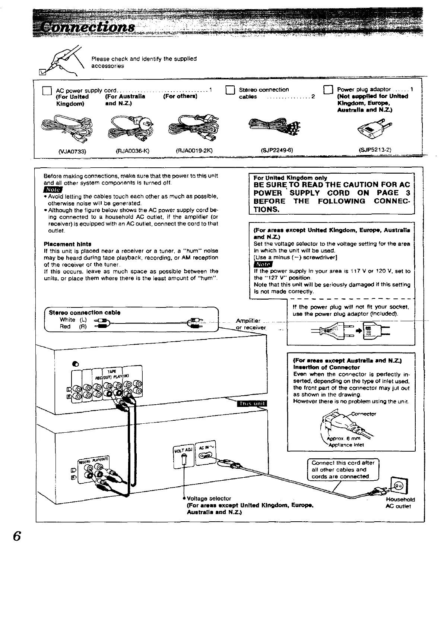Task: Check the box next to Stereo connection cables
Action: click(230, 90)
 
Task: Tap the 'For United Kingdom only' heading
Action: click(290, 178)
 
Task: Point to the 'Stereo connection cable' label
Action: click(85, 312)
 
